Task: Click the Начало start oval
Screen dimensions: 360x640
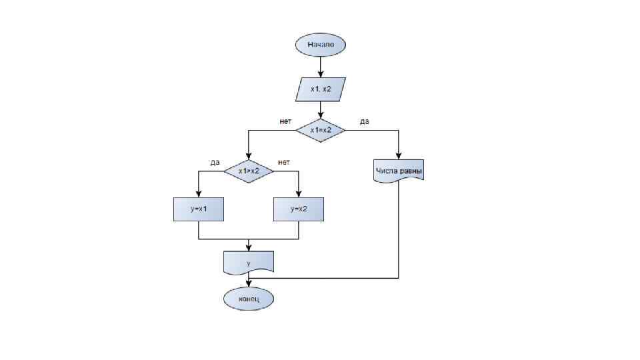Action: [x=321, y=45]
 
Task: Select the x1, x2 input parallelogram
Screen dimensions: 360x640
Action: [x=321, y=89]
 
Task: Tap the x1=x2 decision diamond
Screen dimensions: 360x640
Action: [x=321, y=130]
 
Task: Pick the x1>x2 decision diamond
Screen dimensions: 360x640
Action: [x=249, y=171]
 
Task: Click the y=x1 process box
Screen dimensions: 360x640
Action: [x=199, y=209]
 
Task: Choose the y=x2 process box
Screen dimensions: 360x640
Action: [x=299, y=209]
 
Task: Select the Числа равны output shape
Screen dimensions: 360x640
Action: [x=399, y=171]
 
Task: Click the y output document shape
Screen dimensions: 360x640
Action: [x=249, y=263]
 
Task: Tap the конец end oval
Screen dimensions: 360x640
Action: [x=249, y=299]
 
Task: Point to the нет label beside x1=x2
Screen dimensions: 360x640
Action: [x=286, y=121]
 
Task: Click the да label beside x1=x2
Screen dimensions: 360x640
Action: [x=365, y=121]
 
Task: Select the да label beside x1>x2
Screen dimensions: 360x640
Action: [x=215, y=162]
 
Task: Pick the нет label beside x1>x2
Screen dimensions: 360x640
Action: [x=284, y=162]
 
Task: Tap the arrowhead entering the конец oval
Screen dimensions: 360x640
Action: [x=249, y=285]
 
